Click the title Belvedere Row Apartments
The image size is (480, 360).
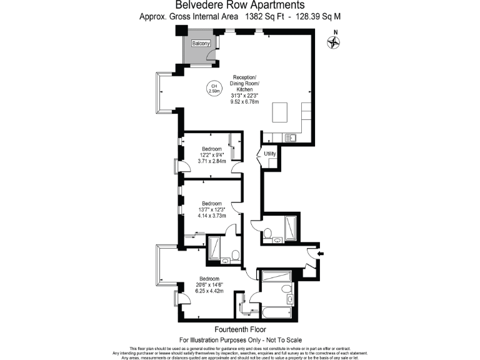[240, 6]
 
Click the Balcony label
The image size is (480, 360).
[201, 43]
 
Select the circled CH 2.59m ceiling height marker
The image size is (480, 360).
[214, 88]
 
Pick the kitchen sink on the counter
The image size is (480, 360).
[290, 137]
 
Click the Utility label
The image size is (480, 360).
[270, 153]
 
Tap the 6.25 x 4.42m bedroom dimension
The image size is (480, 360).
[209, 290]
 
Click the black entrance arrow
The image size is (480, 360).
[321, 254]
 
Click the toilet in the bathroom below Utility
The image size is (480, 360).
[267, 234]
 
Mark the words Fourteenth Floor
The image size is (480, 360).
[240, 329]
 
